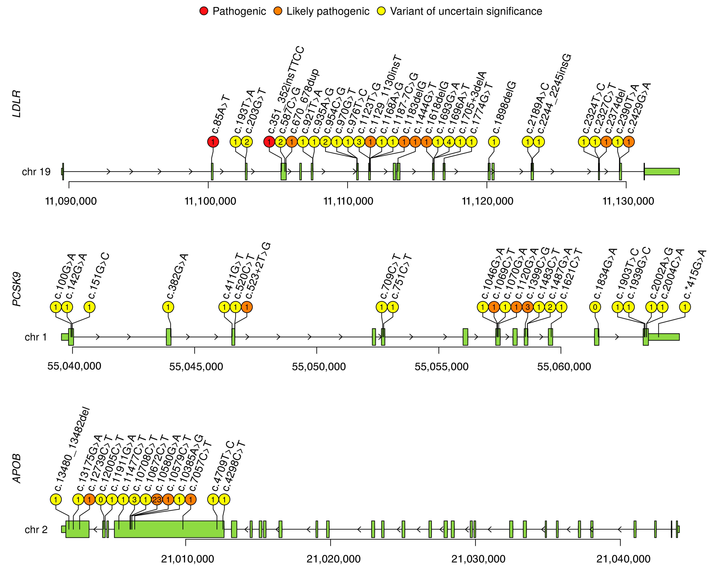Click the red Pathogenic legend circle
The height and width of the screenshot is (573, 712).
tap(204, 11)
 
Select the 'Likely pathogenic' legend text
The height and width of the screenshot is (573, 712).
tap(328, 11)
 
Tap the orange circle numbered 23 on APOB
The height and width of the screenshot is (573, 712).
tap(157, 499)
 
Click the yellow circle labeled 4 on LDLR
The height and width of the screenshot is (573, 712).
tap(449, 142)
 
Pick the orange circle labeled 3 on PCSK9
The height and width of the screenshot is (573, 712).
tap(527, 307)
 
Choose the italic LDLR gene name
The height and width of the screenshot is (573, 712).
tap(17, 103)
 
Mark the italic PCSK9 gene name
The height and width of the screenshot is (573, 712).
tap(17, 289)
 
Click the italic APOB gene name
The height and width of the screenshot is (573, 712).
tap(17, 469)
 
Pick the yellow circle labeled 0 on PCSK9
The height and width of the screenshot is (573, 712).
tap(595, 307)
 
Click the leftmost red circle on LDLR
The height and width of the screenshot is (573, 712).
tap(213, 142)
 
